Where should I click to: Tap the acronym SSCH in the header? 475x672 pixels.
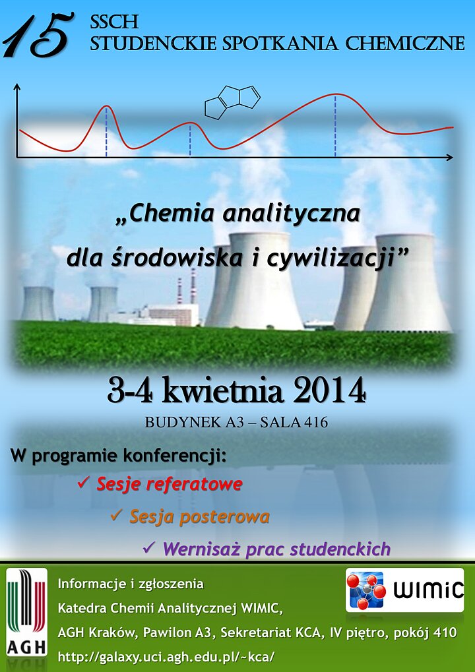coord(114,22)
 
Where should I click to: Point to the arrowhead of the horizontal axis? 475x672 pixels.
coord(449,158)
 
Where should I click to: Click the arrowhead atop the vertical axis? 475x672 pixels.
coord(17,86)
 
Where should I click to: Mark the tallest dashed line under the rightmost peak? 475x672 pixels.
coord(335,126)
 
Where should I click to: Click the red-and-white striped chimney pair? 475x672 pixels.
coord(185,290)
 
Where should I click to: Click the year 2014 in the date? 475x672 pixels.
coord(329,392)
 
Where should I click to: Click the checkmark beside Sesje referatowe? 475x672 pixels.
coord(83,483)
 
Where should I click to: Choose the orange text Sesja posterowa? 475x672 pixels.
coord(199,516)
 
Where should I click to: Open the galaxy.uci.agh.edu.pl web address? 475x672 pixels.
coord(166,657)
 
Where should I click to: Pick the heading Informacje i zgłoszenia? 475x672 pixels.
coord(131,584)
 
